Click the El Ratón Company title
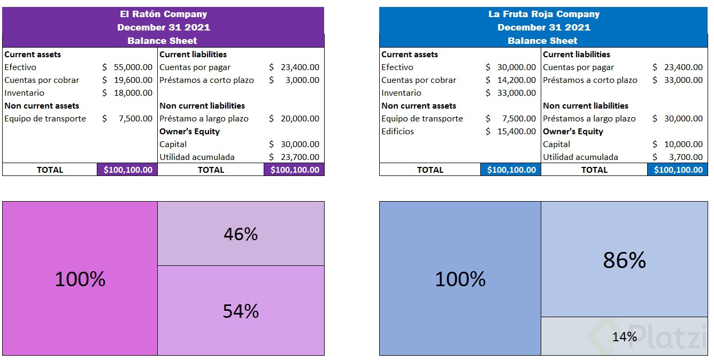click(163, 14)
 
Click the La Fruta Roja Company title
click(543, 14)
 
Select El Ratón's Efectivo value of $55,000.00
click(133, 67)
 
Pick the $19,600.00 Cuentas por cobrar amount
click(133, 80)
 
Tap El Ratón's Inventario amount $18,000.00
click(133, 93)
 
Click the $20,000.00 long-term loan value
click(300, 119)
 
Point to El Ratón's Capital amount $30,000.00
click(300, 144)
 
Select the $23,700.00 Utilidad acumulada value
click(300, 157)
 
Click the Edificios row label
click(397, 132)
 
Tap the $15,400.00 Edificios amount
click(516, 132)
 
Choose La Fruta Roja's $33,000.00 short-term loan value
click(683, 80)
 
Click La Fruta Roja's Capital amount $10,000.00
click(683, 144)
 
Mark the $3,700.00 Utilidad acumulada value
click(686, 157)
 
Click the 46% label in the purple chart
click(241, 234)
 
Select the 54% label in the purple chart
click(241, 311)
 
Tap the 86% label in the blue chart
click(624, 261)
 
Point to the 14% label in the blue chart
click(624, 336)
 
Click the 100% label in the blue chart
click(460, 279)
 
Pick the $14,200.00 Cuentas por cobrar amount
click(516, 80)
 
